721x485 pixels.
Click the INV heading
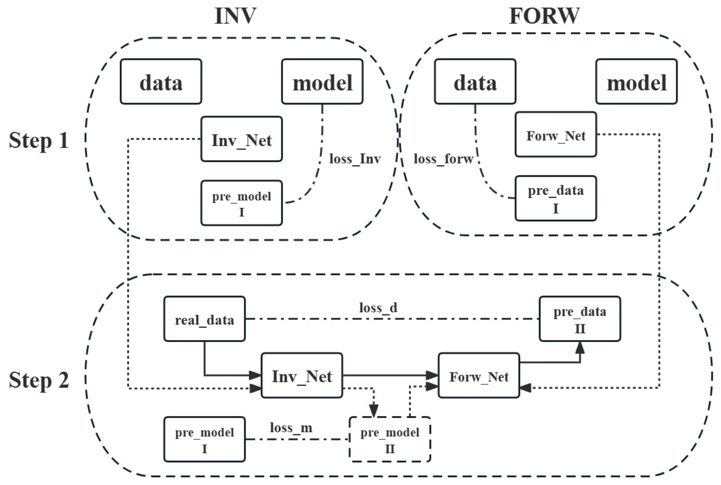pos(235,16)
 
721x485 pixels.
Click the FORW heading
pos(544,16)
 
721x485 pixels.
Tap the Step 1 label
pos(39,140)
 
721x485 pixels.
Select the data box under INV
pos(161,82)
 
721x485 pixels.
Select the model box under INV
pos(322,82)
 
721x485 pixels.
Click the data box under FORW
pos(475,82)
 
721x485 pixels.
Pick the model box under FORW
pos(636,82)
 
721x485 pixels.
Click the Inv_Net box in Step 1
pos(242,139)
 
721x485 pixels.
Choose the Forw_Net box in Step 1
pos(555,135)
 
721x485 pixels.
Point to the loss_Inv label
pos(355,159)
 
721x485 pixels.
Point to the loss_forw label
pos(443,159)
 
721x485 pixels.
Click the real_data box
pos(205,319)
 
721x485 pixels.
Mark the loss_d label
pos(378,308)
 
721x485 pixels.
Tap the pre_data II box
pos(580,319)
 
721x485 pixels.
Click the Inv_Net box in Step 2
pos(302,375)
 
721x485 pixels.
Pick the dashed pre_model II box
pos(390,439)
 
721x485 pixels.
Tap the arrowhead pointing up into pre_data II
pos(580,348)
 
